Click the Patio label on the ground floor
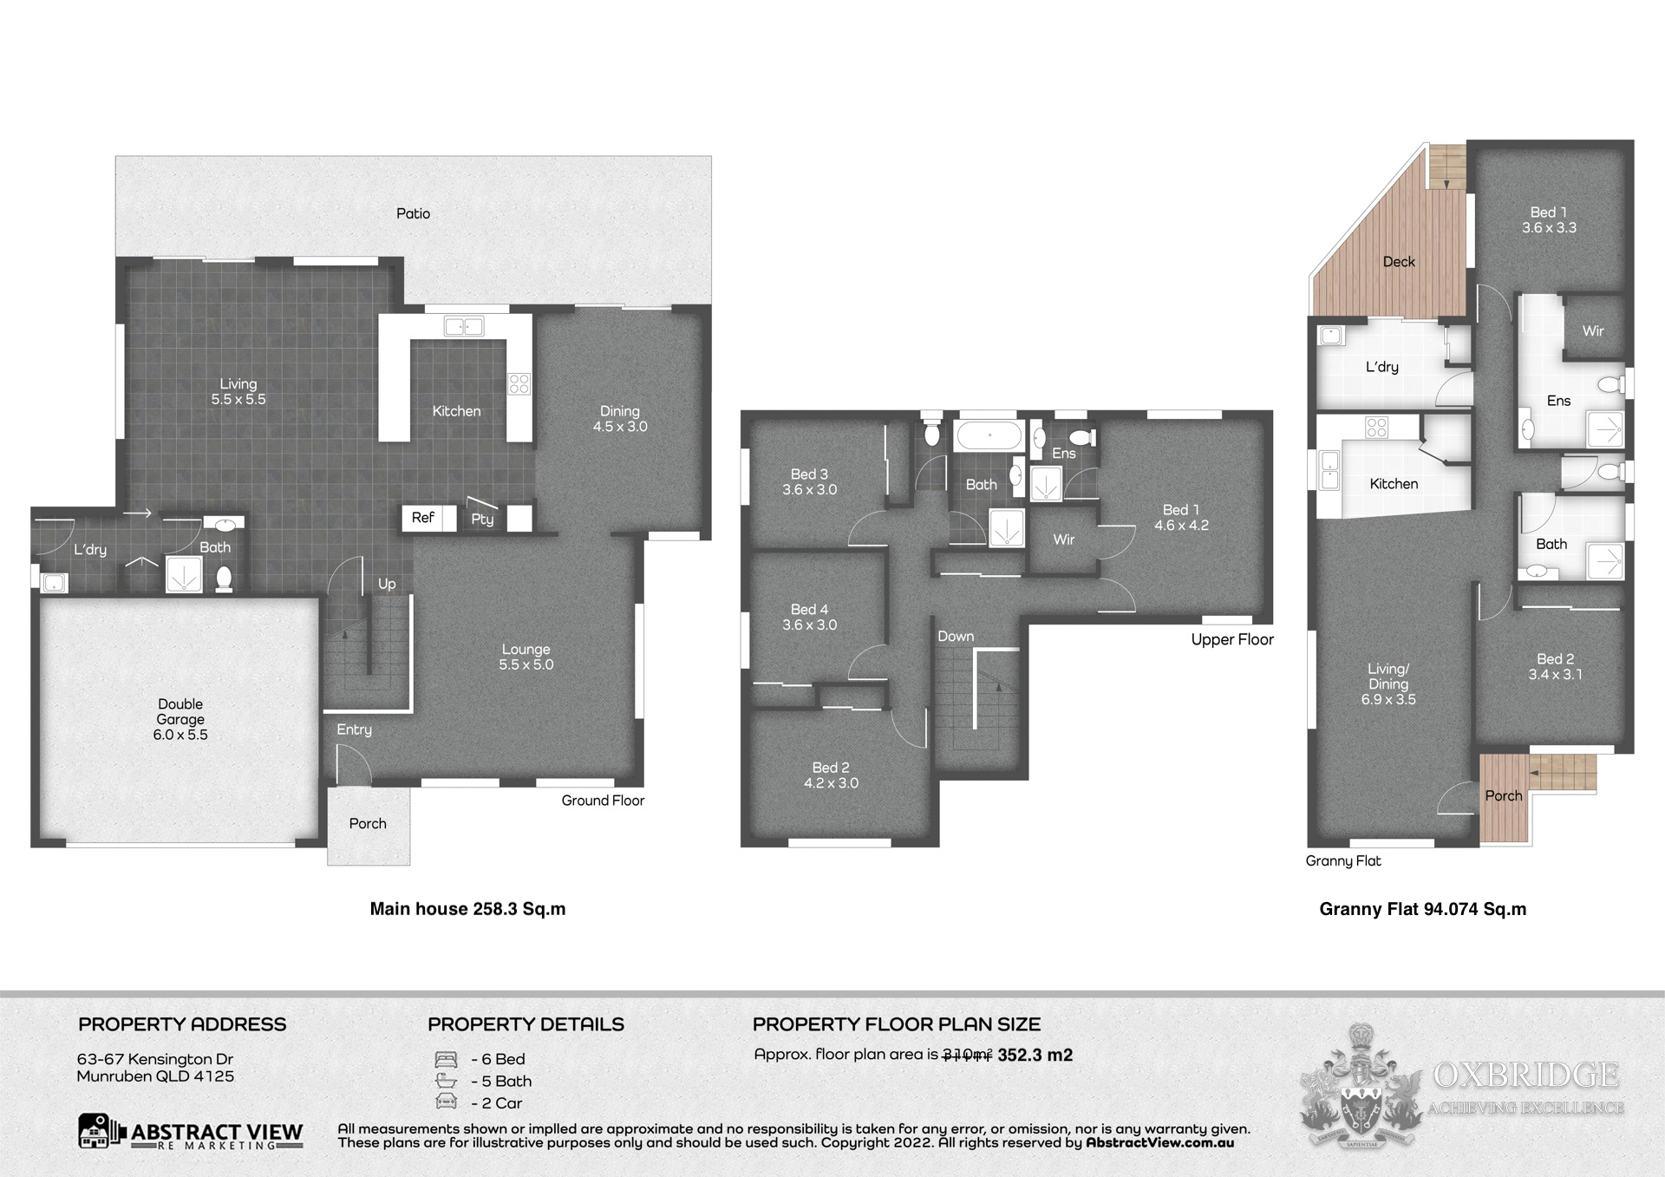click(413, 213)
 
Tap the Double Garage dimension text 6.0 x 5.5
click(180, 735)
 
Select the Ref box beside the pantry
click(423, 518)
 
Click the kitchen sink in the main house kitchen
click(464, 327)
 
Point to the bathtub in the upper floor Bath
click(989, 435)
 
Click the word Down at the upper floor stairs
click(956, 637)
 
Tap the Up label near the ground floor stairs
click(387, 584)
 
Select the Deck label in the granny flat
click(1399, 262)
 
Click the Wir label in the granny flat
click(1593, 331)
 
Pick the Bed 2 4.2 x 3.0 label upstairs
click(831, 775)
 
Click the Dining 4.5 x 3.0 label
click(620, 419)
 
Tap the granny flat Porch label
click(1504, 796)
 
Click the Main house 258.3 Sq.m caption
click(467, 909)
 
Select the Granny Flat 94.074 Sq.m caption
click(1423, 909)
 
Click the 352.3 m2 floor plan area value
click(1035, 1056)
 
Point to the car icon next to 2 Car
click(446, 1102)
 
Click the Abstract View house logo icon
click(98, 1131)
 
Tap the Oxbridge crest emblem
click(1361, 1089)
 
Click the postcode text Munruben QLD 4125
click(155, 1076)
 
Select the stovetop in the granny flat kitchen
click(1376, 427)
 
